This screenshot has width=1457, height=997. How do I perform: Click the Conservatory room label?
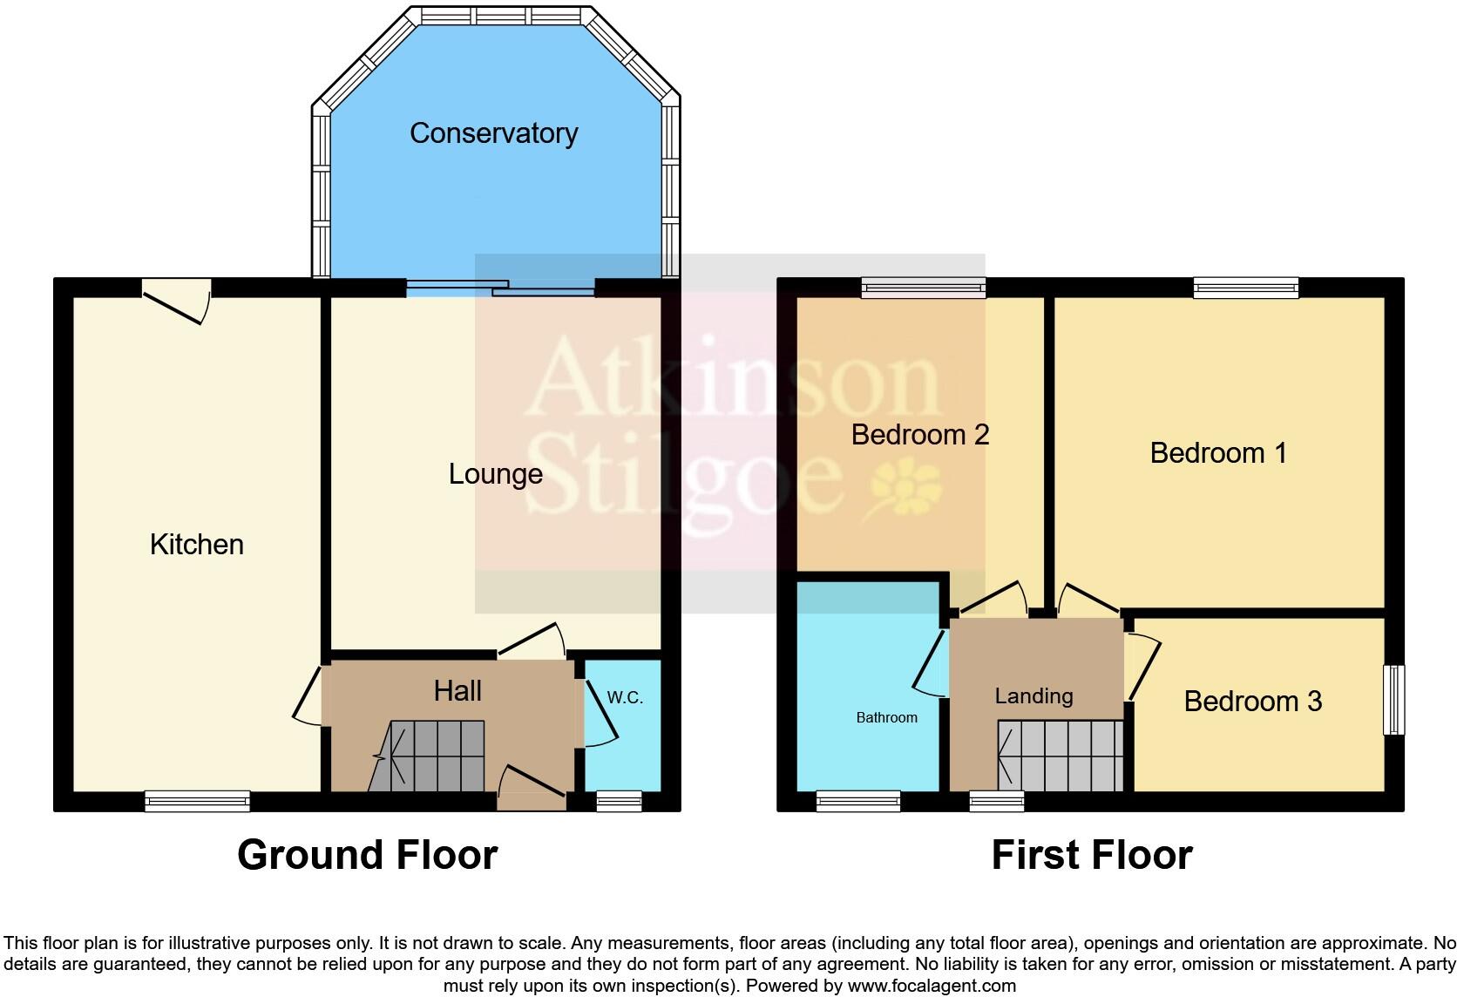(493, 133)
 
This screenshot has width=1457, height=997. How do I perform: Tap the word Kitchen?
(196, 545)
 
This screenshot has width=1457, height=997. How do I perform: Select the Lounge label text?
(495, 474)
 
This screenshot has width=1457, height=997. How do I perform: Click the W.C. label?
(624, 698)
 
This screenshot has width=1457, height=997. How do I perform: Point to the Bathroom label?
(886, 718)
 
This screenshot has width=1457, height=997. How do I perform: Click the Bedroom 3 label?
(1252, 702)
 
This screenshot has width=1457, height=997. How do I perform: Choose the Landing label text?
(1033, 696)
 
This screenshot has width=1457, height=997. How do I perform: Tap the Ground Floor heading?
(367, 855)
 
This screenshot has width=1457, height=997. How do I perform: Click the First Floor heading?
(1091, 856)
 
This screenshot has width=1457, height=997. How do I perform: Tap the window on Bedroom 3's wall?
(1394, 700)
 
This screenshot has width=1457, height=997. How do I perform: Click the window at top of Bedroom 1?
(1245, 287)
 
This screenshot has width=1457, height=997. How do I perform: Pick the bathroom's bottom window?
(857, 801)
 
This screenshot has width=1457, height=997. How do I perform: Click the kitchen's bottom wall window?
(197, 801)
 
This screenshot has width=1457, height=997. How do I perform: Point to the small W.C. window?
(619, 801)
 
